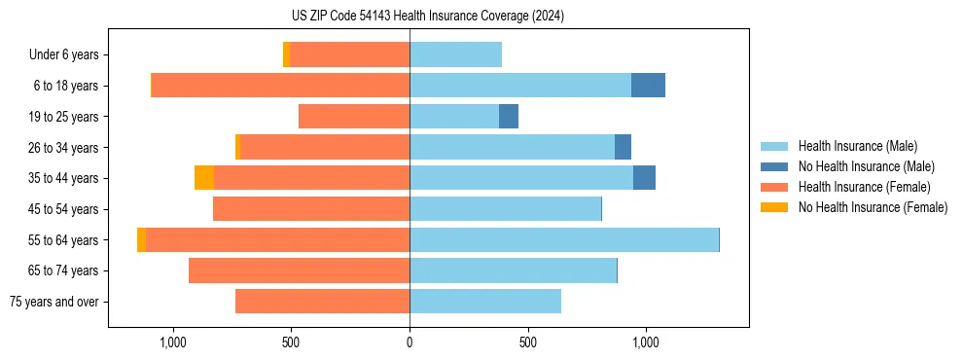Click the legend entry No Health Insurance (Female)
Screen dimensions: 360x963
873,207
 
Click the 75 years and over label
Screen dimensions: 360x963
54,302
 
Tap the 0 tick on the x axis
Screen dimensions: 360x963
410,342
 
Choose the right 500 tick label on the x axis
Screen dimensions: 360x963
528,342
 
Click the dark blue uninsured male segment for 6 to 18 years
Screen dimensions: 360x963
648,86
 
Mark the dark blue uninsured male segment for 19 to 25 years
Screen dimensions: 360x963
509,117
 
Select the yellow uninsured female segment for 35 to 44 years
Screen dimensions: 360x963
204,178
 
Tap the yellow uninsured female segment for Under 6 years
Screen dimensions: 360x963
286,54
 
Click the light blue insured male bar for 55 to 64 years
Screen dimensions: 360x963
564,240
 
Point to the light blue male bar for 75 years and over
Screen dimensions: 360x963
485,302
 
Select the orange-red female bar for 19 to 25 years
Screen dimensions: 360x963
354,117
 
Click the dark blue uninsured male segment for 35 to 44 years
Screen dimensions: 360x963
644,178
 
